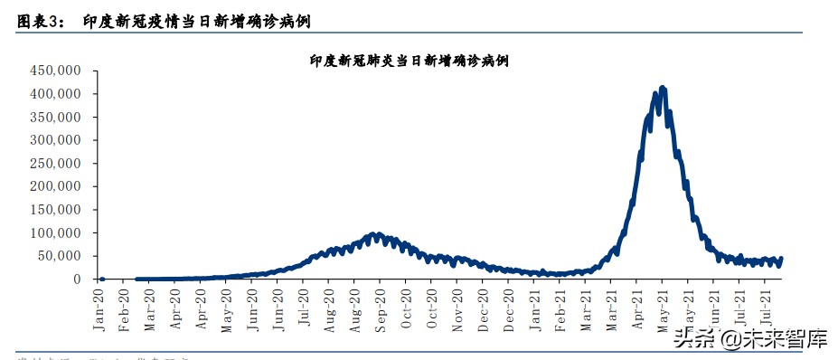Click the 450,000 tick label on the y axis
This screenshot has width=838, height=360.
click(x=56, y=71)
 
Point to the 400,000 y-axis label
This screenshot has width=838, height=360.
click(x=56, y=94)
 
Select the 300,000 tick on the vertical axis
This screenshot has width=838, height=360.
click(x=56, y=140)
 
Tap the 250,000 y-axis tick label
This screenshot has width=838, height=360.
click(x=56, y=164)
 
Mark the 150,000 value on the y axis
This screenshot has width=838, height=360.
click(x=56, y=210)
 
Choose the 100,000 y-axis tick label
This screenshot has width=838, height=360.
click(x=56, y=233)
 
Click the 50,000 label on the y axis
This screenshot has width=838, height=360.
click(x=60, y=256)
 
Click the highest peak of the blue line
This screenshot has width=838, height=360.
click(x=663, y=88)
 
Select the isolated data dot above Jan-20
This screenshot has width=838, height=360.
click(x=102, y=279)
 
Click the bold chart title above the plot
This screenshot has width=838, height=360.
click(x=409, y=61)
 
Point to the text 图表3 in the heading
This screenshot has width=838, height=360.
click(x=36, y=20)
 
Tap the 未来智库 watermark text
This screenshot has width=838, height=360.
click(x=786, y=339)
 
